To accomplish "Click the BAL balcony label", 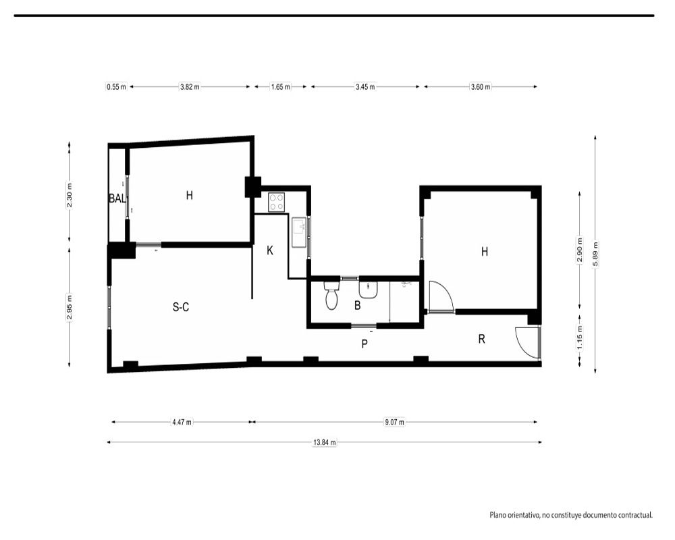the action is coord(117,198).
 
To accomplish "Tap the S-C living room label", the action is coord(181,307).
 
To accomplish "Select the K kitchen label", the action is coord(270,250).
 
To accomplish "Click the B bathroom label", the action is coord(357,305).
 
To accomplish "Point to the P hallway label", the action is coord(364,344).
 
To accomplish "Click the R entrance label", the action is coord(482,340).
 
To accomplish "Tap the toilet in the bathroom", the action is coord(331,296).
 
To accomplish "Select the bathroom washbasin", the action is coord(369,289).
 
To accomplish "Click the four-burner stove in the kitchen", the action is coord(277,202).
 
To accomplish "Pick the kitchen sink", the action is coord(299,232).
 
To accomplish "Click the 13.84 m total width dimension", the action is coord(325,442).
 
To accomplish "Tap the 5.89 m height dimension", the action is coord(595,254).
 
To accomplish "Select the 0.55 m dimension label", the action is coord(117,86).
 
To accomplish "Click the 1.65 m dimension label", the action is coord(280,86).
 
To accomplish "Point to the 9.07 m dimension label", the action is coord(394,422).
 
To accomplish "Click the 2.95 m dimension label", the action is coord(70,306).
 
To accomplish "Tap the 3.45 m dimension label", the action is coord(365,86).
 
